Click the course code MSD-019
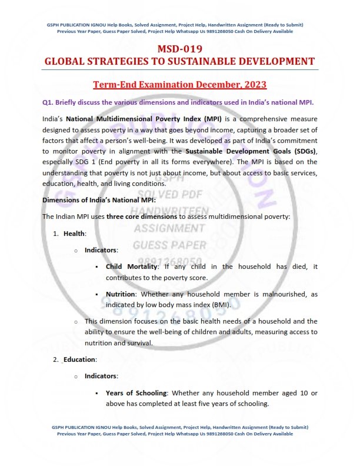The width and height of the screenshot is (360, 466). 179,49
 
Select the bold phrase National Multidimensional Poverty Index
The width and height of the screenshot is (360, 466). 126,119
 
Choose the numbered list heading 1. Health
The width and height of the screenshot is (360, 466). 75,234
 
